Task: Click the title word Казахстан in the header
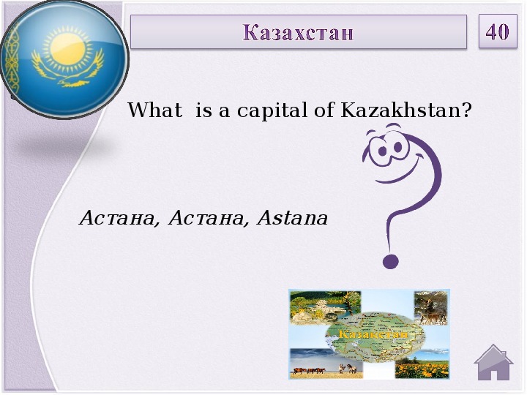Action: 298,32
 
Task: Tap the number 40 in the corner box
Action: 498,31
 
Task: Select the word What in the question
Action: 155,110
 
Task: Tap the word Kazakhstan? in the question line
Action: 406,110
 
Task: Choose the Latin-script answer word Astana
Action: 292,218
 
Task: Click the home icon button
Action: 493,362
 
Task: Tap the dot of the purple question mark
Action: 391,262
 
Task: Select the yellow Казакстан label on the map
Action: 373,334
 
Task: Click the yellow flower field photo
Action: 422,368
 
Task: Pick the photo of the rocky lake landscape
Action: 325,308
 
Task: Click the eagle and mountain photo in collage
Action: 430,308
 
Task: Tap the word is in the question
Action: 203,110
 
